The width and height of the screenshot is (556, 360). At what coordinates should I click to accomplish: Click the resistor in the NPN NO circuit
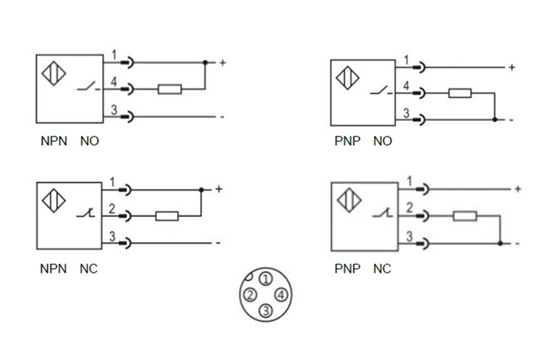point(170,89)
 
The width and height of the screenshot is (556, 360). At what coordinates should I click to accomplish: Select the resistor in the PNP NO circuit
point(460,94)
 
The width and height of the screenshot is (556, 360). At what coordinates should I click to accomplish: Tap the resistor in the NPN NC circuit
point(167,216)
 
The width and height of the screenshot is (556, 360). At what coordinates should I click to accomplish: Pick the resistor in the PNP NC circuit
point(465,217)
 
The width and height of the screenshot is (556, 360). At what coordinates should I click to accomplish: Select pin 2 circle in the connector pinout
point(250,295)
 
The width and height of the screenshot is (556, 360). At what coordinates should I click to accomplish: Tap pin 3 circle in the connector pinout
point(266,311)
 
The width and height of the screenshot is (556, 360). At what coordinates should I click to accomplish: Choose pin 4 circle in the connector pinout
point(282,295)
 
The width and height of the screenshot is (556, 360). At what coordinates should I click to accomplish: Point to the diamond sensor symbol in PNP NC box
point(348,201)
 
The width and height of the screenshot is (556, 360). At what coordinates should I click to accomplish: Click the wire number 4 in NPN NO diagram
point(114,81)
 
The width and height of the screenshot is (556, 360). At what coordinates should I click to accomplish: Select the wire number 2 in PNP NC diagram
point(408,208)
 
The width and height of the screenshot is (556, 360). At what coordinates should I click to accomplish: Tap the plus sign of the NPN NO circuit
point(223,62)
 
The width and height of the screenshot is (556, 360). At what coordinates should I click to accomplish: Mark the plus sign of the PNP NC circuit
point(517,189)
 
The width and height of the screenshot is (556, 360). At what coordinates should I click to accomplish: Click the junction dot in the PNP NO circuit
point(495,119)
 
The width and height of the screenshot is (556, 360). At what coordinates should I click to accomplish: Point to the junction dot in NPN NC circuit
point(201,190)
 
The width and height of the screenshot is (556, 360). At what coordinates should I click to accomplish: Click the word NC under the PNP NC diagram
point(382,269)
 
